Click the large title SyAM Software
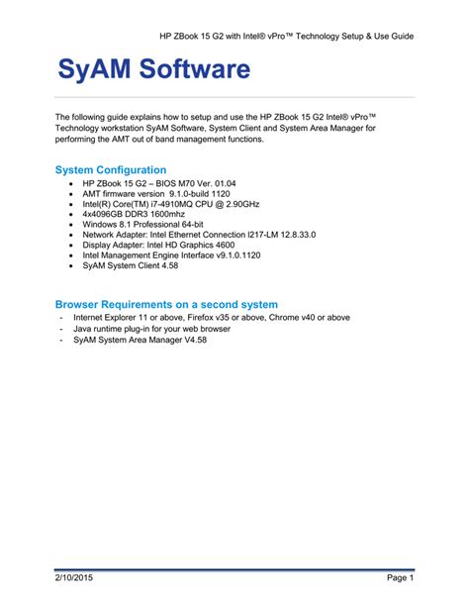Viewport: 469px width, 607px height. point(153,70)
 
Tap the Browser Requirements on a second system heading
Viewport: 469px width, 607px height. point(166,304)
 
